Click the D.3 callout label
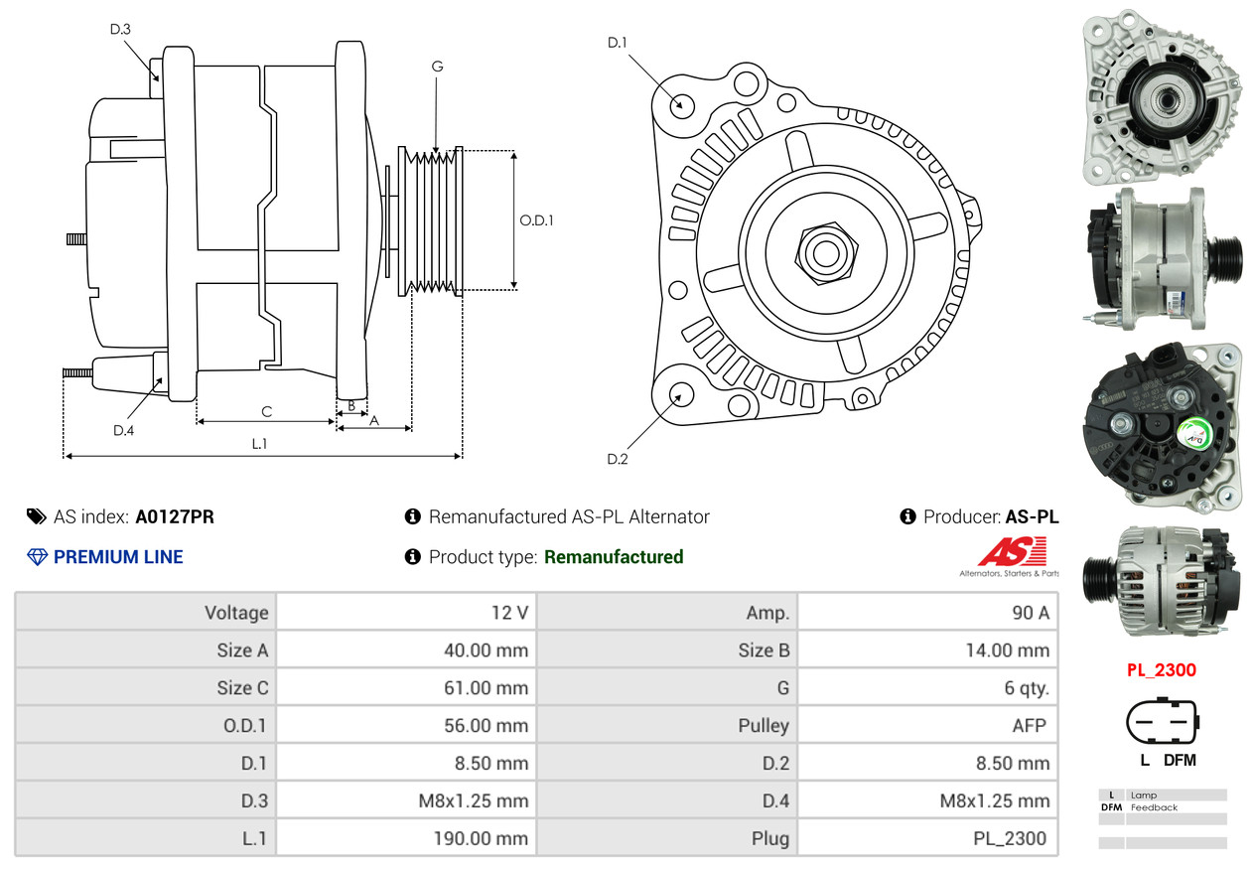coord(120,29)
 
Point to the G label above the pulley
coord(437,67)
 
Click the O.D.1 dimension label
coord(536,220)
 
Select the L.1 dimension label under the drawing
coord(259,444)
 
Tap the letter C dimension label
coord(266,411)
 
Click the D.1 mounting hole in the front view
coord(680,104)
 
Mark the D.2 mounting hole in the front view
coord(680,394)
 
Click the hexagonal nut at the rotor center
coord(823,250)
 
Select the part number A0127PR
coord(175,516)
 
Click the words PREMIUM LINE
coord(118,557)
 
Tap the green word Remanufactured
coord(614,557)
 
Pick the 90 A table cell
coord(1030,613)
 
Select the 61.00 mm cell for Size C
coord(486,688)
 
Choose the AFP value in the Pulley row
coord(1029,726)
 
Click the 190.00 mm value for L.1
coord(481,838)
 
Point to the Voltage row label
coord(236,613)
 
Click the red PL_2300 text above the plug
coord(1161,669)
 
